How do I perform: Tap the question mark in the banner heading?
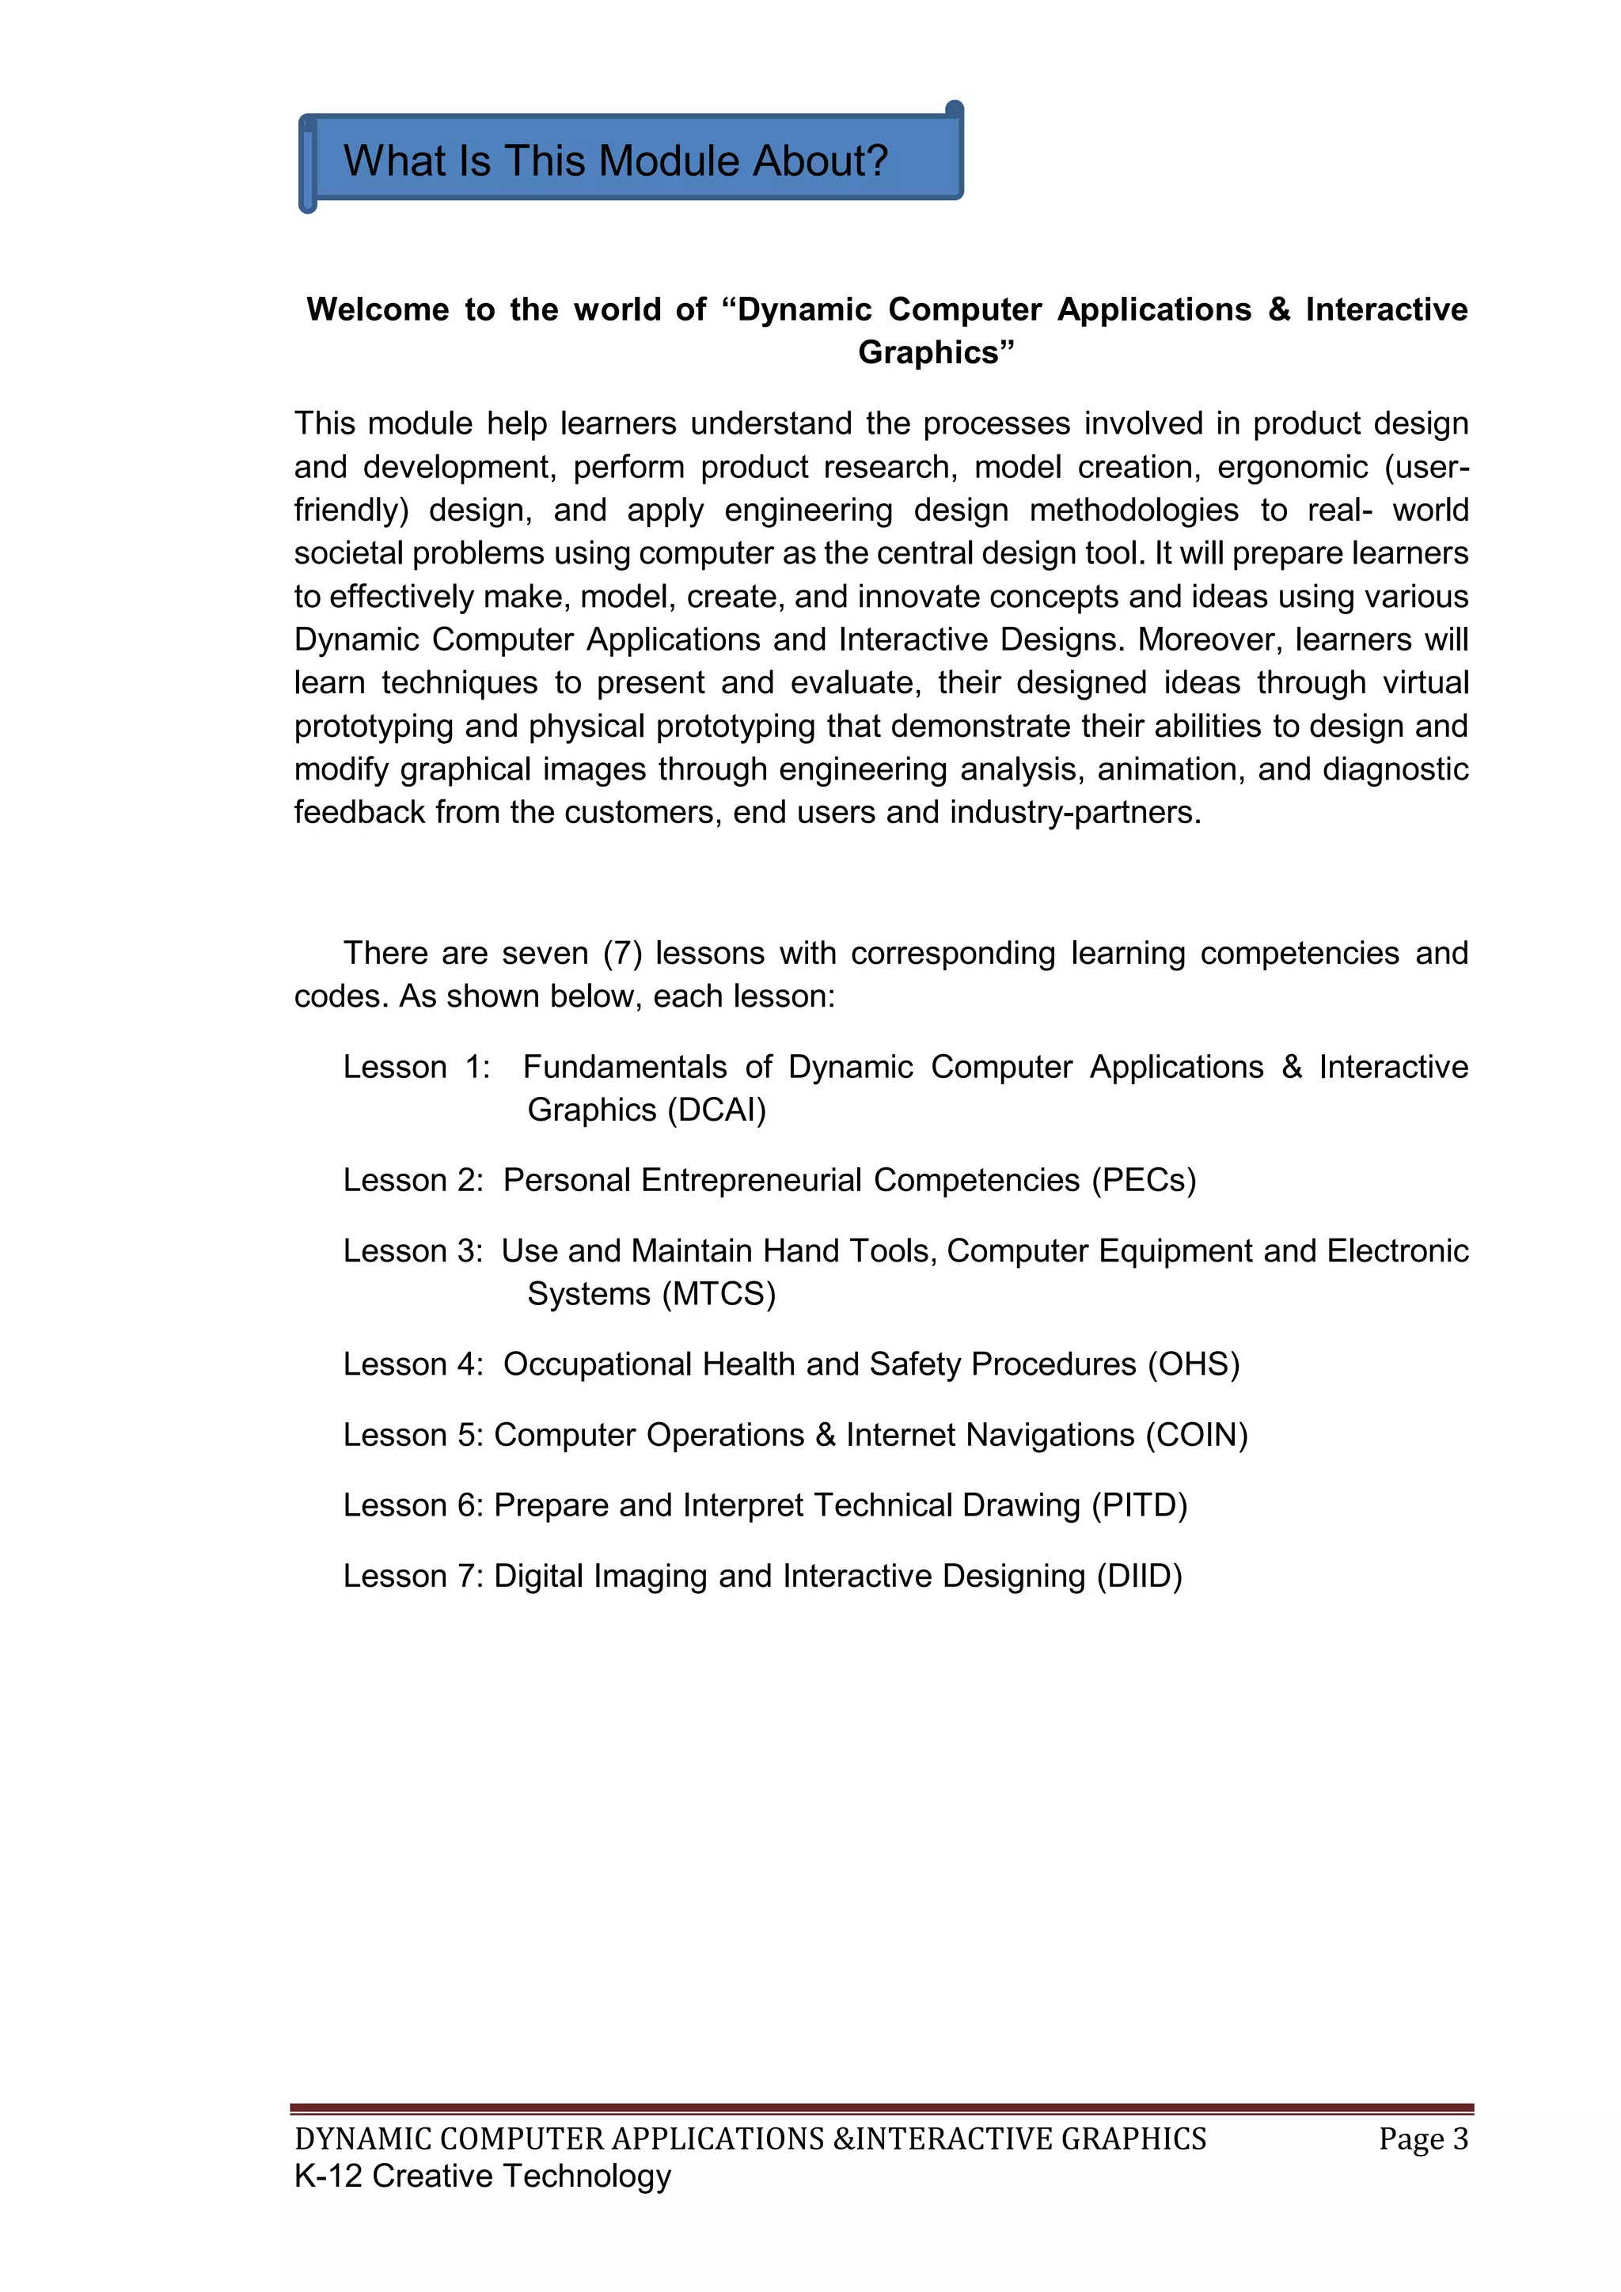875,161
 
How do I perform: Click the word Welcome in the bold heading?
378,309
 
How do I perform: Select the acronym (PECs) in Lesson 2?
1143,1180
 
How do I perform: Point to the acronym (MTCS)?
719,1294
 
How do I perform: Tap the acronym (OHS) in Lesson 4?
1193,1364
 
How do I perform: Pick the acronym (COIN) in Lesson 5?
1196,1435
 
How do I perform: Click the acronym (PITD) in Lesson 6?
1139,1505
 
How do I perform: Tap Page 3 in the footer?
1422,2139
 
